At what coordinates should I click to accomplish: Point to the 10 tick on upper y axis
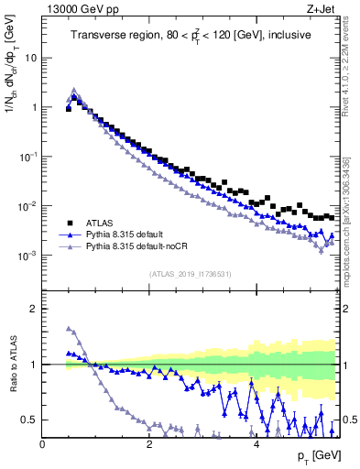point(30,58)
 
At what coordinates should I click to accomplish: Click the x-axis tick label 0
point(42,444)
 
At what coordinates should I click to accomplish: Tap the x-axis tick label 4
point(256,444)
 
